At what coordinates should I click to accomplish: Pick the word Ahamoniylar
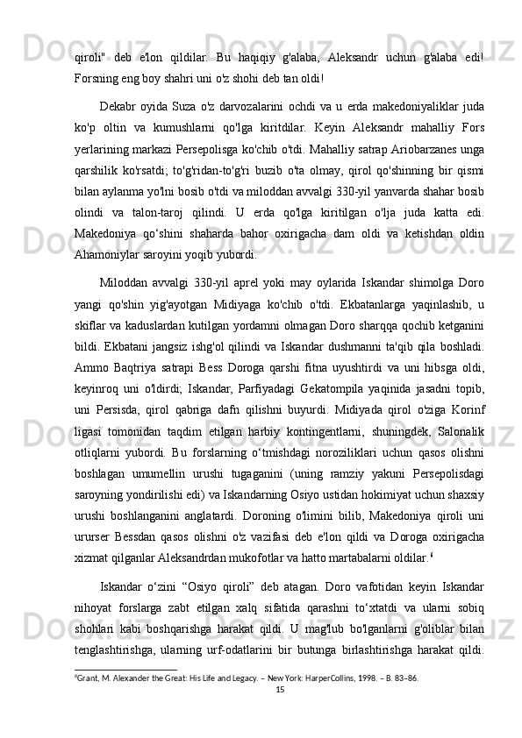pyautogui.click(x=108, y=232)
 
